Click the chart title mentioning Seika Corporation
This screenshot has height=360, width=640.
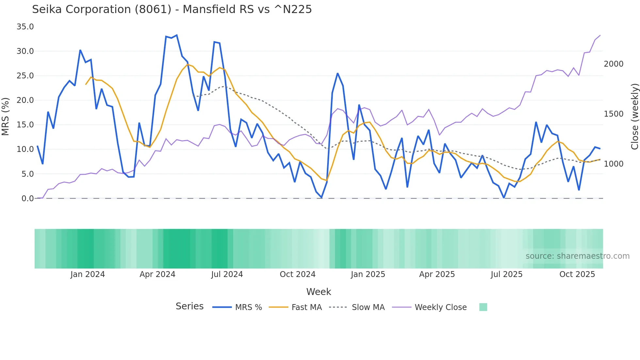pos(172,9)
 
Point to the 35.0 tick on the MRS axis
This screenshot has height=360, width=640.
pos(25,27)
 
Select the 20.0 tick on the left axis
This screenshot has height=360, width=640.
pos(25,100)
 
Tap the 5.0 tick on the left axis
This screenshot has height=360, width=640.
pos(27,174)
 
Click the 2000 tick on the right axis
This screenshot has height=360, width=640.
pos(613,64)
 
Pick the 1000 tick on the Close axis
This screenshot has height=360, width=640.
pos(613,164)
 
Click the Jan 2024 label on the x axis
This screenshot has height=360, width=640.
pos(88,274)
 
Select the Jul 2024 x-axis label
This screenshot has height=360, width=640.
pos(227,274)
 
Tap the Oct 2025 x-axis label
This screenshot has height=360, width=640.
pos(577,274)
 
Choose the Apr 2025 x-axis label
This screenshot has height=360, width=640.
pos(437,274)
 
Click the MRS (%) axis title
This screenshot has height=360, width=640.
pos(6,117)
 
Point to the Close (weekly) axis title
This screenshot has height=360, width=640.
pos(634,117)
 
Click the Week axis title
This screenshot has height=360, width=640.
pos(318,292)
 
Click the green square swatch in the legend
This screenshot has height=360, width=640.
pos(483,307)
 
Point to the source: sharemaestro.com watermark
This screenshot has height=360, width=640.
pos(577,256)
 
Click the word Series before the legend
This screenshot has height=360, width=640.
pos(189,306)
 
